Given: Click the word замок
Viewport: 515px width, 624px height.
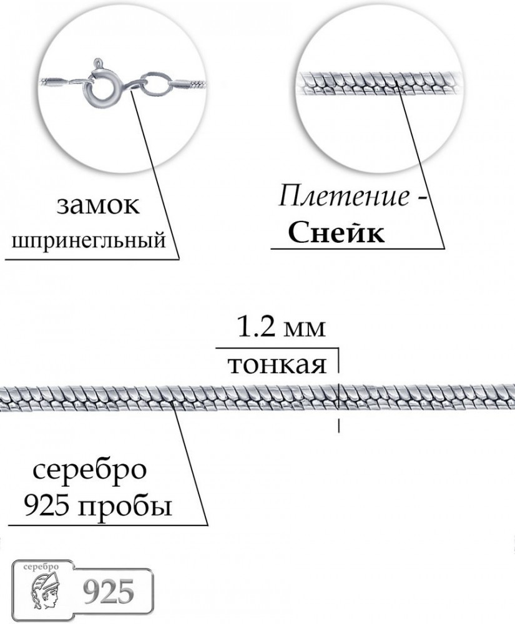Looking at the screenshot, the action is [98, 206].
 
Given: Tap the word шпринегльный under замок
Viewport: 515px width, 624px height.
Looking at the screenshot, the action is [89, 240].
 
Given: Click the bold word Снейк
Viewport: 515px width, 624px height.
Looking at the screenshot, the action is [336, 233].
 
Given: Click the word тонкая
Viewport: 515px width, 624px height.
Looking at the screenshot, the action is [277, 365].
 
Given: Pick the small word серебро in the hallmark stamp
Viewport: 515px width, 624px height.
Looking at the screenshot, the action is [41, 567].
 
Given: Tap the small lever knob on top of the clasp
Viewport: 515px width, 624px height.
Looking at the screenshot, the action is [97, 63].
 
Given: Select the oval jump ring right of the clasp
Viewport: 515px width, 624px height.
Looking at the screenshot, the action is [156, 84].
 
